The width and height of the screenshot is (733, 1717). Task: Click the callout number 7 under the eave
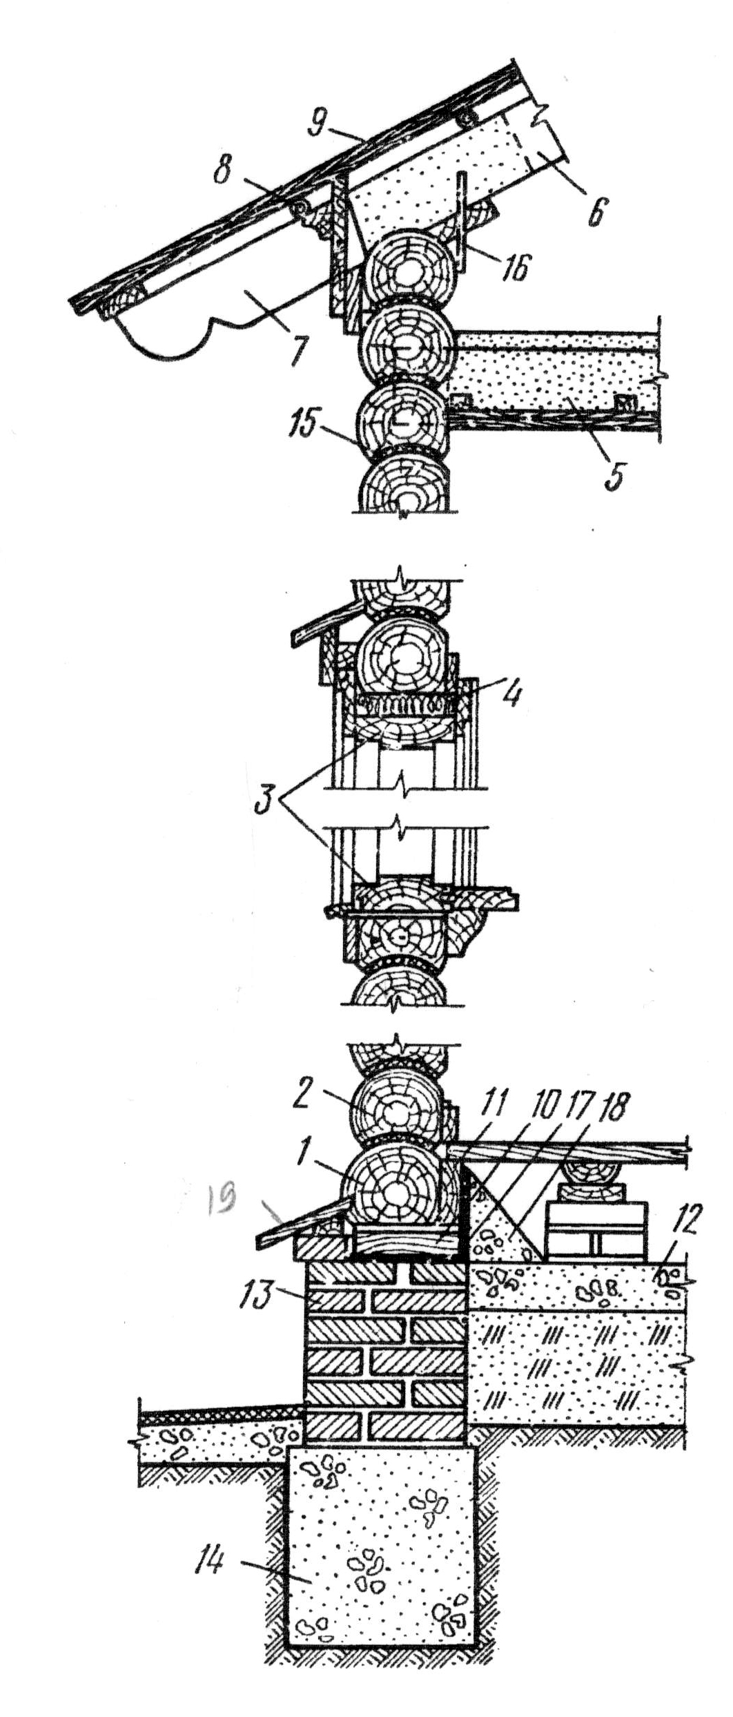(297, 352)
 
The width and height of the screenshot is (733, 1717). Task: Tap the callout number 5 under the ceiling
(614, 476)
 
